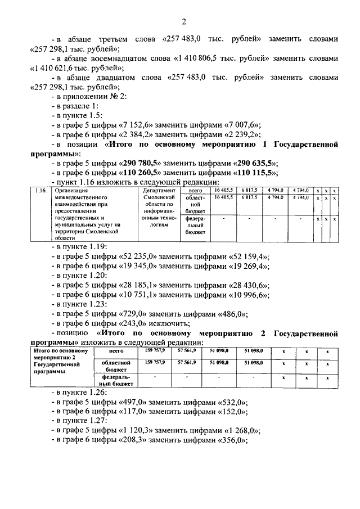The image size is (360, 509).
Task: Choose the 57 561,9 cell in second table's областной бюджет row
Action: (x=186, y=363)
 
